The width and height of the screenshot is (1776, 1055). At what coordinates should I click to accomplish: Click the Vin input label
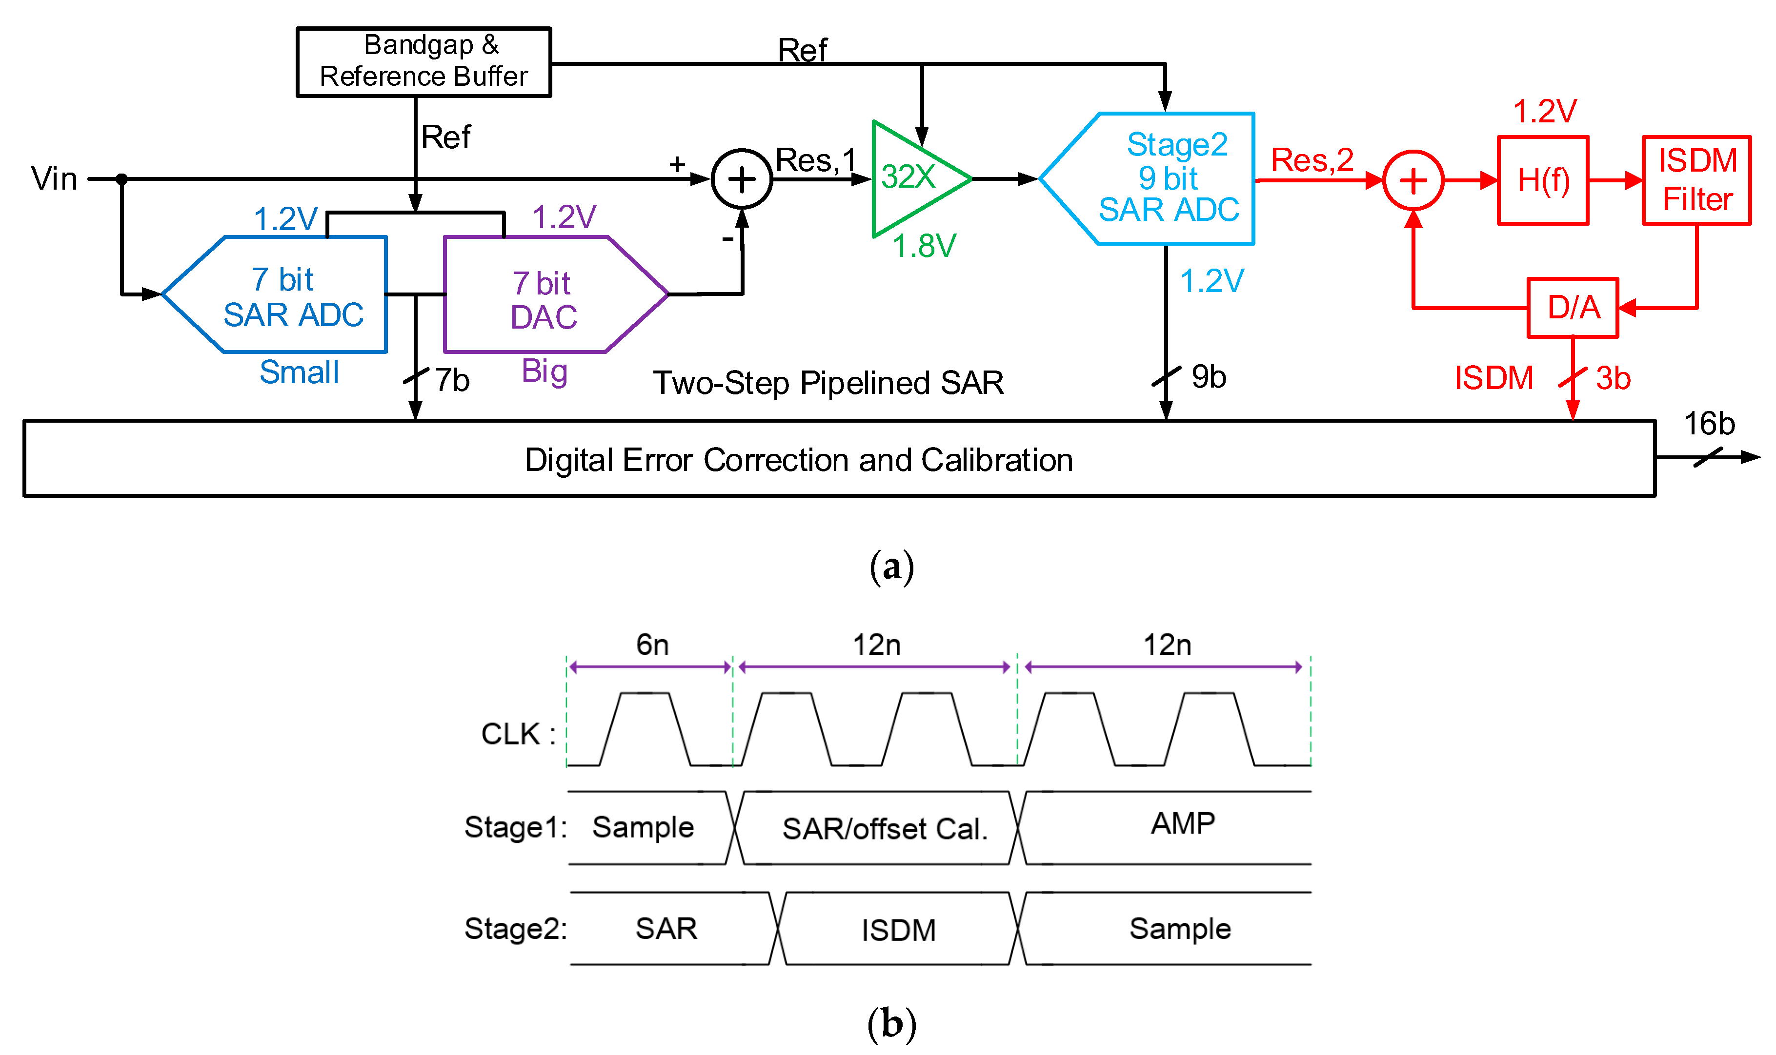54,178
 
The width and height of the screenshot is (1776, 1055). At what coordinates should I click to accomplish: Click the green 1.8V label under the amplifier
924,246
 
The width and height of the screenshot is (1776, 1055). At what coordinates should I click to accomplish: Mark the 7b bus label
452,380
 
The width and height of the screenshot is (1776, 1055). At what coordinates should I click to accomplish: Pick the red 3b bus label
1613,378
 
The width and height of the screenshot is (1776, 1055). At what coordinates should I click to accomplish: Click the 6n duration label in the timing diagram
652,645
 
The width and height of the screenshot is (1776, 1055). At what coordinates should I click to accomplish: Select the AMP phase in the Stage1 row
1183,823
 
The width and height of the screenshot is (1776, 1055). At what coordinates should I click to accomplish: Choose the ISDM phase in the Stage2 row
898,930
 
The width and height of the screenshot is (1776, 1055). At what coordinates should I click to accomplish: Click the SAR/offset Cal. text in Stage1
885,829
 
